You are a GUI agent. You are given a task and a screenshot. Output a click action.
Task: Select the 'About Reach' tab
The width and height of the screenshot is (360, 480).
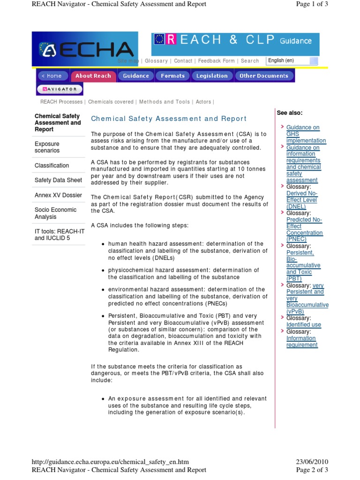pyautogui.click(x=93, y=76)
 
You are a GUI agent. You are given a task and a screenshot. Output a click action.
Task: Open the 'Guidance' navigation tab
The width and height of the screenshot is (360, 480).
pyautogui.click(x=136, y=76)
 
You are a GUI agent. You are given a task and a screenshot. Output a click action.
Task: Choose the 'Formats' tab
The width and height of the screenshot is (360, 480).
pyautogui.click(x=172, y=76)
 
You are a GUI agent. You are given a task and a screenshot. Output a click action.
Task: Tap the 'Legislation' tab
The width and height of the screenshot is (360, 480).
pyautogui.click(x=212, y=76)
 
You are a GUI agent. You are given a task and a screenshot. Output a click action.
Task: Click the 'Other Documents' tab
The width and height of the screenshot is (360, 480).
pyautogui.click(x=264, y=76)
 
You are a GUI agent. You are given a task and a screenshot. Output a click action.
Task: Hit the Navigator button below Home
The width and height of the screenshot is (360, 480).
pyautogui.click(x=60, y=89)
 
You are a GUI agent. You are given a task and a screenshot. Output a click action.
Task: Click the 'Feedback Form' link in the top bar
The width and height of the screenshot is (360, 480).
pyautogui.click(x=216, y=61)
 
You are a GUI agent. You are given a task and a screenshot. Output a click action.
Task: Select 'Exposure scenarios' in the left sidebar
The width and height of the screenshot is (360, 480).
pyautogui.click(x=47, y=147)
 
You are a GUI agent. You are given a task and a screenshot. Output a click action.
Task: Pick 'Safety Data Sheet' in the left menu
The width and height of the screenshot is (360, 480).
pyautogui.click(x=58, y=180)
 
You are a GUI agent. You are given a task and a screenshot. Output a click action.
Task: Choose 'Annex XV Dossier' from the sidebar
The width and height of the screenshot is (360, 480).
pyautogui.click(x=58, y=195)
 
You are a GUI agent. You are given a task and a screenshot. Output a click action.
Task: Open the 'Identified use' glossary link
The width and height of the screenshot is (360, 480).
pyautogui.click(x=303, y=325)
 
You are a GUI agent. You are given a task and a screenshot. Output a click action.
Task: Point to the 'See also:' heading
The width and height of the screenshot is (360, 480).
pyautogui.click(x=290, y=113)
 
